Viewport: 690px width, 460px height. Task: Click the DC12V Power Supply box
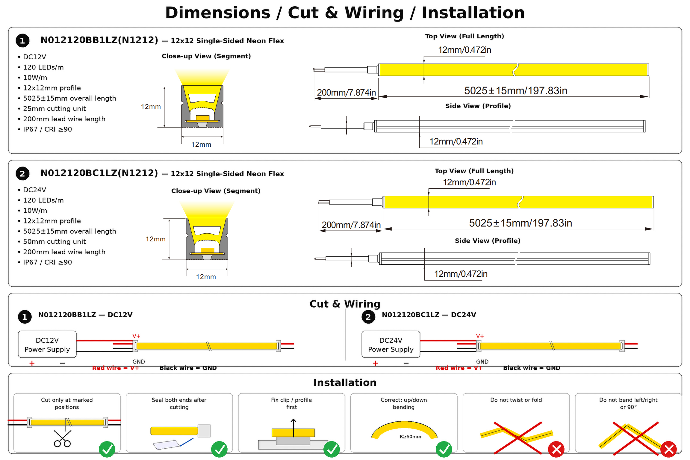click(47, 344)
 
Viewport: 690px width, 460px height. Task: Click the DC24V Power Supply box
click(391, 344)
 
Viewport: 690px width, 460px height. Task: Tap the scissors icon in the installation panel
click(62, 439)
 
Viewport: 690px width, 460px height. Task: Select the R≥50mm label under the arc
click(410, 437)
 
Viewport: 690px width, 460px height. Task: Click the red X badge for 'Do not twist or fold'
click(556, 449)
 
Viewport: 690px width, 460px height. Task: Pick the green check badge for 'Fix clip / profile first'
click(332, 449)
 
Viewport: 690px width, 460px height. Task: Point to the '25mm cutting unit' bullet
click(55, 109)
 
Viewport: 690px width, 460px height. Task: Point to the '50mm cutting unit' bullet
click(55, 242)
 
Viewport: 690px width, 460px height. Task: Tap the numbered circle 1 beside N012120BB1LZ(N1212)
click(22, 41)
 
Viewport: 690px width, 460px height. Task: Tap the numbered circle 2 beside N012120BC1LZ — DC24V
click(368, 317)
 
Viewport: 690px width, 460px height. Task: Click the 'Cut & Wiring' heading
click(345, 304)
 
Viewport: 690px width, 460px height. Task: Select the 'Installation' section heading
click(345, 383)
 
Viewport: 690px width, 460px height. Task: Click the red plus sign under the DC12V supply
click(32, 363)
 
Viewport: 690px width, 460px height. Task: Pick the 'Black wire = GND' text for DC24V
click(532, 368)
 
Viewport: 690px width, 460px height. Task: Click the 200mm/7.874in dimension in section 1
click(346, 93)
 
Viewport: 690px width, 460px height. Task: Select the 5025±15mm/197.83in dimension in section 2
click(520, 223)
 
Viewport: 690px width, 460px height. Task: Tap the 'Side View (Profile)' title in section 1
click(478, 106)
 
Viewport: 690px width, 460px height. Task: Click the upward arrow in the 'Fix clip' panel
click(293, 428)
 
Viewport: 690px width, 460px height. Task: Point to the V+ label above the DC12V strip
click(136, 336)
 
